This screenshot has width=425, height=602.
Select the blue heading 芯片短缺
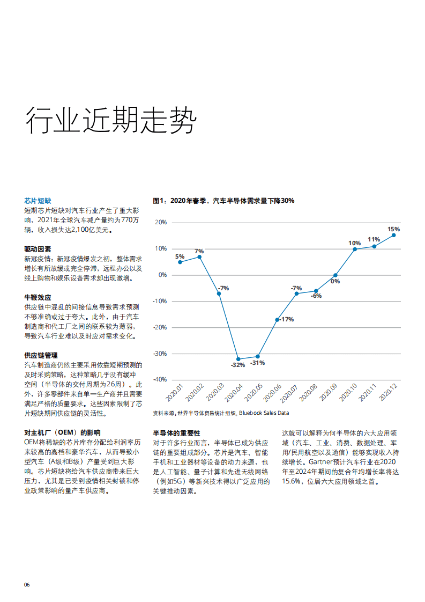[x=38, y=201]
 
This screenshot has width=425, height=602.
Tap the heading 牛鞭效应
[x=38, y=297]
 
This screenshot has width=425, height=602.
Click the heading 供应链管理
[x=41, y=356]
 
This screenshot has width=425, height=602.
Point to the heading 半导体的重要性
[x=176, y=433]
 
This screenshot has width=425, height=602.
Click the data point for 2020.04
[x=238, y=359]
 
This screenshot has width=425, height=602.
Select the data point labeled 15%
[x=393, y=235]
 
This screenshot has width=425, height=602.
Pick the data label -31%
[x=257, y=363]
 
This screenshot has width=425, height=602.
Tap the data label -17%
[x=287, y=319]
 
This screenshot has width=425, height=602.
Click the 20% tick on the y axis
[x=160, y=222]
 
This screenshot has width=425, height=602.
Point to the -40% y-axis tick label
[x=159, y=379]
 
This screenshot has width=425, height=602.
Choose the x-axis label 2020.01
[x=175, y=392]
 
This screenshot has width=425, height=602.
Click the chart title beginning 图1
[x=223, y=201]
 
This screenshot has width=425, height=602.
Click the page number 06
[x=27, y=585]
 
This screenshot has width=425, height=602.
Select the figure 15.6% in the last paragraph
[x=293, y=481]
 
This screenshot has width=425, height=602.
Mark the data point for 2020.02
[x=199, y=257]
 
